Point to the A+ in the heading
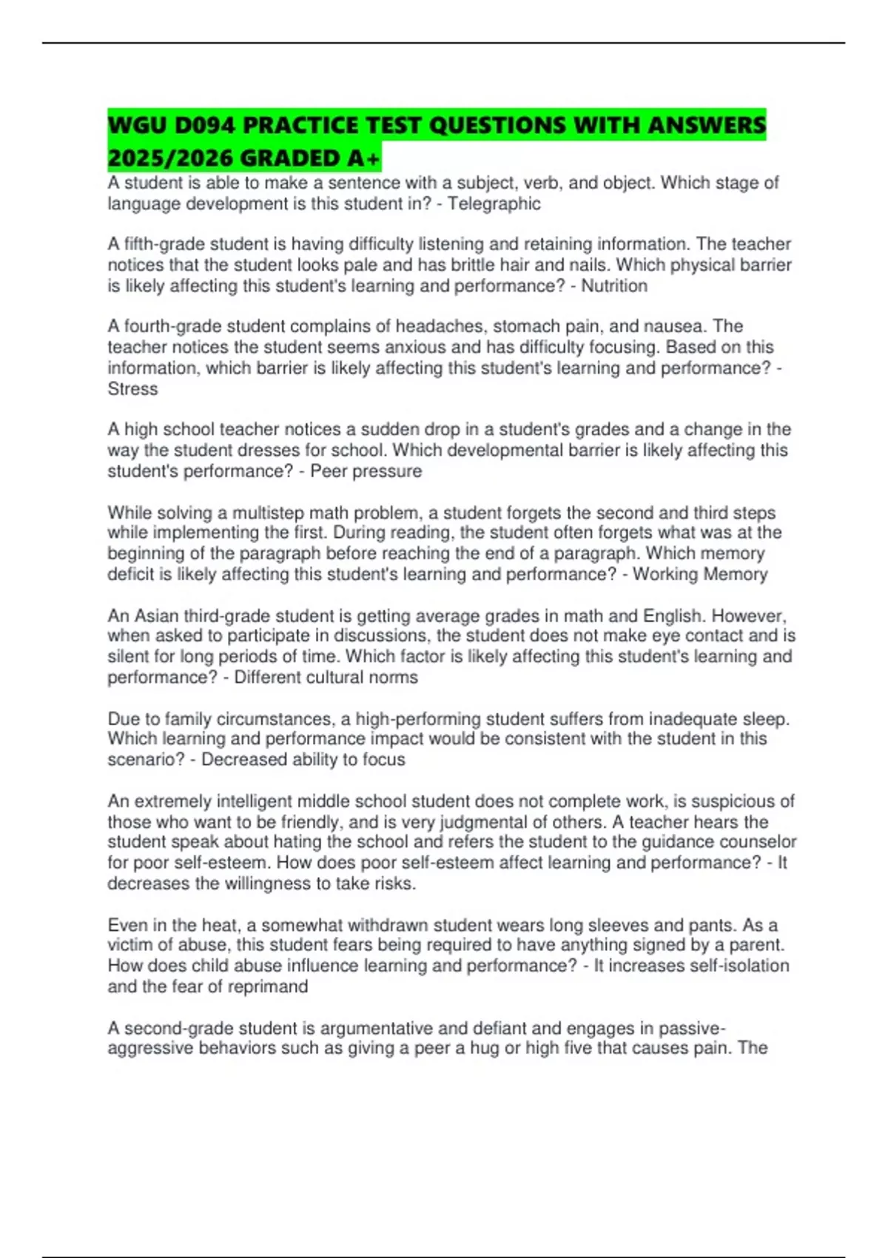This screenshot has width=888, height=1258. (364, 158)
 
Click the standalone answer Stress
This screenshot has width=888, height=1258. (132, 388)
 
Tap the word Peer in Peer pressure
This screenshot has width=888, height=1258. (326, 471)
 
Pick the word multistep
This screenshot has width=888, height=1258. (267, 513)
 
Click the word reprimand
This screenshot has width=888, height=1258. (268, 986)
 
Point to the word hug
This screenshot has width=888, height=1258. (484, 1048)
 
